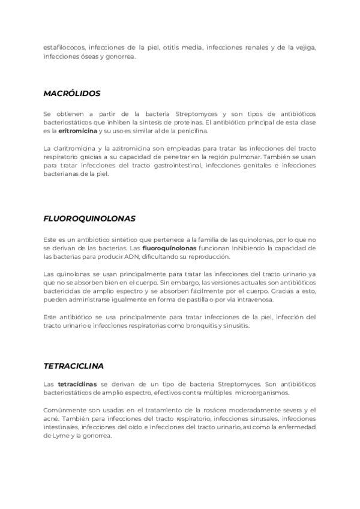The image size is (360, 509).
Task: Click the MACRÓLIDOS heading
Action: click(71, 94)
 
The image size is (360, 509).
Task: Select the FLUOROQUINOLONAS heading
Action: click(88, 219)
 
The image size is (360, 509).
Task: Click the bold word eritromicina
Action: click(77, 130)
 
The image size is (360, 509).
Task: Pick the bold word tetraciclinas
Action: click(77, 384)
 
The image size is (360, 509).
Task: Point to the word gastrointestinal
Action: click(170, 166)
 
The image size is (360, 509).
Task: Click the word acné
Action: click(51, 418)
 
